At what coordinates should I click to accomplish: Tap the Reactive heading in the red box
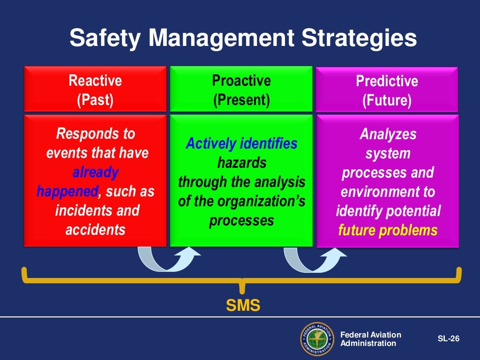pyautogui.click(x=95, y=81)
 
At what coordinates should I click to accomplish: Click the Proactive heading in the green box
pyautogui.click(x=241, y=81)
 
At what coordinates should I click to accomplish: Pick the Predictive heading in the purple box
pyautogui.click(x=387, y=81)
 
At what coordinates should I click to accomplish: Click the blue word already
pyautogui.click(x=95, y=172)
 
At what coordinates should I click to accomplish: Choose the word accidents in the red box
pyautogui.click(x=95, y=230)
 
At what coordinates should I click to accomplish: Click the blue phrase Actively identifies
pyautogui.click(x=241, y=143)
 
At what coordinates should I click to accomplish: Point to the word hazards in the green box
pyautogui.click(x=241, y=163)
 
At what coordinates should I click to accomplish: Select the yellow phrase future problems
pyautogui.click(x=387, y=230)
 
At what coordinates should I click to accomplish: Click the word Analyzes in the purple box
pyautogui.click(x=388, y=135)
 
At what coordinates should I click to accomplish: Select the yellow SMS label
pyautogui.click(x=243, y=306)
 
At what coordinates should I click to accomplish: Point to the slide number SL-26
pyautogui.click(x=448, y=338)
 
